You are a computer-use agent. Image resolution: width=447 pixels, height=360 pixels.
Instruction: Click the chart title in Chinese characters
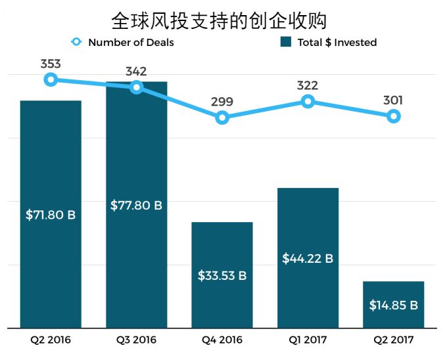tap(219, 20)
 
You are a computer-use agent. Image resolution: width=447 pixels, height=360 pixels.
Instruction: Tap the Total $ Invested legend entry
tap(329, 43)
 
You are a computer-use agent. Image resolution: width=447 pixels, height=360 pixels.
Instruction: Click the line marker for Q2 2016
tap(51, 79)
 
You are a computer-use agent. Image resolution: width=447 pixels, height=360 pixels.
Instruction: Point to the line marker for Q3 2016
tap(136, 87)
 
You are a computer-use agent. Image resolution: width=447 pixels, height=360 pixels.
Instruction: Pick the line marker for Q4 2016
tap(222, 118)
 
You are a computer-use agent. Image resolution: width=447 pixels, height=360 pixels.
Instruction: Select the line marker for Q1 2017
tap(308, 101)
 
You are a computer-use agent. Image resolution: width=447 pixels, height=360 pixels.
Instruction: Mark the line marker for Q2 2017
tap(393, 116)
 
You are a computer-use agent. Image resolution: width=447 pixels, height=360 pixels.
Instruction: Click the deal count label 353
tap(51, 64)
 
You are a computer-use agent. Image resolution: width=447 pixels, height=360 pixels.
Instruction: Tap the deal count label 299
tap(222, 102)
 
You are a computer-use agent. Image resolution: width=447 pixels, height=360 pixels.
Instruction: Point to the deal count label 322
tap(308, 85)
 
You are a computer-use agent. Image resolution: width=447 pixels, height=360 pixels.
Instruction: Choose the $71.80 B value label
tap(51, 215)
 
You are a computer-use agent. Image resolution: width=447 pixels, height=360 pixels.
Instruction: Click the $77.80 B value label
tap(136, 205)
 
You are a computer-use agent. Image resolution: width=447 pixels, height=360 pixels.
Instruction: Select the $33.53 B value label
tap(222, 276)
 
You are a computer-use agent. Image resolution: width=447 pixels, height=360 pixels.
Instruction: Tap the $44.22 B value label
tap(308, 259)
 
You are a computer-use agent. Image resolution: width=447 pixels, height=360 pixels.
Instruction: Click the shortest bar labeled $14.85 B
tap(393, 305)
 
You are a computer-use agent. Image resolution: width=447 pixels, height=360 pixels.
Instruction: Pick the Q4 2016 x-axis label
tap(222, 340)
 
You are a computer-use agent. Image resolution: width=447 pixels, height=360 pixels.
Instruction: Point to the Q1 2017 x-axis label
tap(308, 340)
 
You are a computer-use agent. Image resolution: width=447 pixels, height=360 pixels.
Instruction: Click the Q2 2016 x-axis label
tap(51, 340)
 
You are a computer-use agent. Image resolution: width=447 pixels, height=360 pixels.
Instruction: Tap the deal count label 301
tap(393, 101)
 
